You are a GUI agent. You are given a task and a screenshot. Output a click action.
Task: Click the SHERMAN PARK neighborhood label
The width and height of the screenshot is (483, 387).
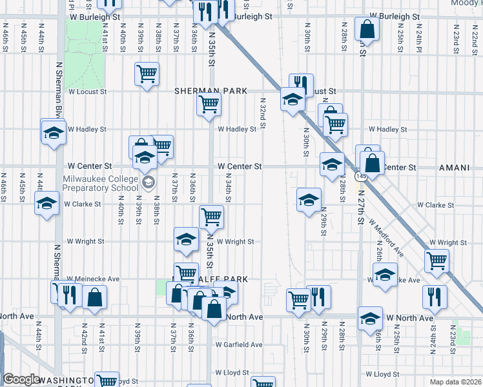pos(211,92)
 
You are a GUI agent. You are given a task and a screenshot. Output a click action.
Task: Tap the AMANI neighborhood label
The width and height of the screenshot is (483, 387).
pos(454,168)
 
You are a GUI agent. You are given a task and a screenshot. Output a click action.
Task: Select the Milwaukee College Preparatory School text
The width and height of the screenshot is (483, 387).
pos(100,183)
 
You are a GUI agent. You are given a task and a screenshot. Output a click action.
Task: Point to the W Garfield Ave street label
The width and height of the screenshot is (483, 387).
pos(239,345)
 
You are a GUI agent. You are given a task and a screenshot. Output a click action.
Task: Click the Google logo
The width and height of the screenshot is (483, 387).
pos(21,379)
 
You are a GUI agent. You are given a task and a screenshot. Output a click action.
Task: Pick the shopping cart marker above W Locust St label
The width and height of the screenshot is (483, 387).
pos(147,74)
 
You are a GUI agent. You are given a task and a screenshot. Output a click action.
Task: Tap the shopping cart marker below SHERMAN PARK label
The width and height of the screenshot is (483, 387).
pos(209,104)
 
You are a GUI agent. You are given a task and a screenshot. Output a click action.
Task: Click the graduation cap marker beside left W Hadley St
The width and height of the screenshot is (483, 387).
pos(53,133)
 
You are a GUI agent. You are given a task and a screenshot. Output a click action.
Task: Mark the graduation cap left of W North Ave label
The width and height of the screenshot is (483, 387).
pos(371,318)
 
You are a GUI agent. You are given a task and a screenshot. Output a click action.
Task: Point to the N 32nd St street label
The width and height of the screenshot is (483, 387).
pos(263,115)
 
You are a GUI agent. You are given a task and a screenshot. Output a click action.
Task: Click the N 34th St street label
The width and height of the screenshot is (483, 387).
pos(229,190)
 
